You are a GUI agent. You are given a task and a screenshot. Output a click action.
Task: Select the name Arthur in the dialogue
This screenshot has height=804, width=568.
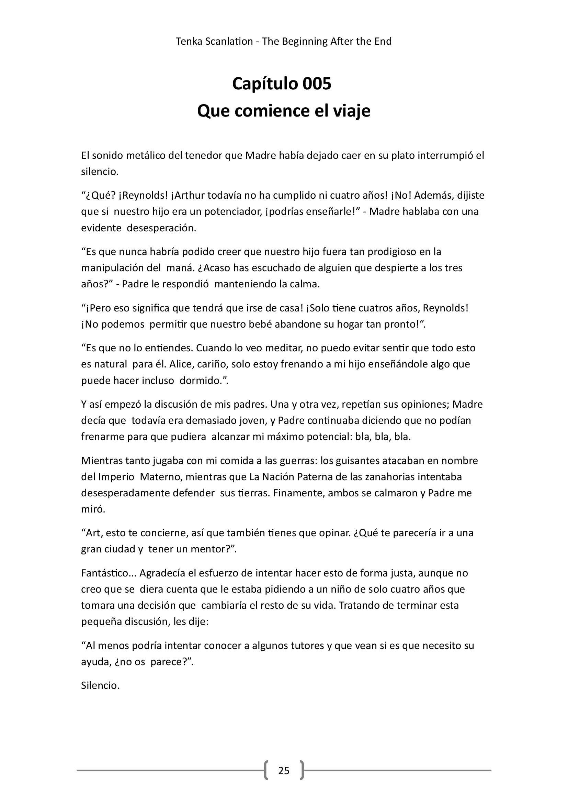click(189, 195)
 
